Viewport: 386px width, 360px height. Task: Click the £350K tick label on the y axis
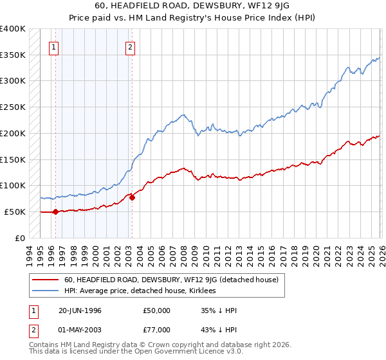(13, 55)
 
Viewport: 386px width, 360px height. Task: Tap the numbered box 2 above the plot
(130, 46)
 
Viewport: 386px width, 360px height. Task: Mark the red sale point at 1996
(55, 212)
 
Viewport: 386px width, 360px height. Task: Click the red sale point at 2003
(132, 197)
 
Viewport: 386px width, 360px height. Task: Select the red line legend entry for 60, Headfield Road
(170, 280)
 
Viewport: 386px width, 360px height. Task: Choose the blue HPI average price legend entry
(141, 291)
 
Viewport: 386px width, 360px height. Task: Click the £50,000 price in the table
(157, 310)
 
